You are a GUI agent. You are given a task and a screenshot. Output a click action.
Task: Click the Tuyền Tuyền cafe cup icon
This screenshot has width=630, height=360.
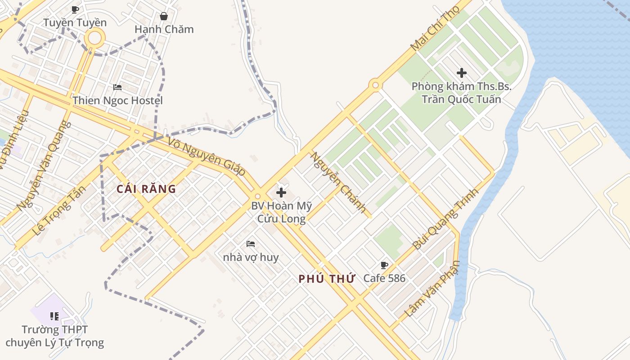75,9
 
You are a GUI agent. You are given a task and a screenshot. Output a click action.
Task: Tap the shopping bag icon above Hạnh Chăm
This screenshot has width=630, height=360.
164,16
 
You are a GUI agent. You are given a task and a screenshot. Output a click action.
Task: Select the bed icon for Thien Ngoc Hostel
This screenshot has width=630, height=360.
117,87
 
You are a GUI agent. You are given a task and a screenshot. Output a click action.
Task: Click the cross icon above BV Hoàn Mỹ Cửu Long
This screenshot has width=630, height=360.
281,193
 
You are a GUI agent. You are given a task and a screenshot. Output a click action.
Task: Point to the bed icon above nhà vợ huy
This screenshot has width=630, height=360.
251,244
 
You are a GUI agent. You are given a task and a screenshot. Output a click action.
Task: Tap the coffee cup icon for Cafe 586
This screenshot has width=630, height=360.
384,265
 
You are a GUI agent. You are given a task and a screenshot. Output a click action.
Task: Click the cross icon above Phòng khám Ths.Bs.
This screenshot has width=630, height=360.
461,72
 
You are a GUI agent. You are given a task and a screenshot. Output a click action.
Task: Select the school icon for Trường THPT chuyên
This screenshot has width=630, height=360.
54,316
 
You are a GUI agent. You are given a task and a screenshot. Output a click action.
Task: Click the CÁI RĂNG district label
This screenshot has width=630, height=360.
146,189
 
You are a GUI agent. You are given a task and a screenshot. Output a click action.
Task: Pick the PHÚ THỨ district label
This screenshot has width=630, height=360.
327,279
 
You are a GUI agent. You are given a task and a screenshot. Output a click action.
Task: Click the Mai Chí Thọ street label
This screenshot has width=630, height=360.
435,28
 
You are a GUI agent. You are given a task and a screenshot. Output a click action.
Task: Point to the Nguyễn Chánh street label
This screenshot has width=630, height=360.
338,182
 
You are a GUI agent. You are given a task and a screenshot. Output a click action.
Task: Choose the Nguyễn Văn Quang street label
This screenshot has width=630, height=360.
44,166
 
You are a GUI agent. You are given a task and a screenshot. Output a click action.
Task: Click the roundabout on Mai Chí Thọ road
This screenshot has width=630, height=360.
375,85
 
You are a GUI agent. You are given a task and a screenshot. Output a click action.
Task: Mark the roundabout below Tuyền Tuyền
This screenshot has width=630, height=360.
95,38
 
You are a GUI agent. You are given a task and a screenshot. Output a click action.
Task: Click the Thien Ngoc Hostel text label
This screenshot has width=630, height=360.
117,100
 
